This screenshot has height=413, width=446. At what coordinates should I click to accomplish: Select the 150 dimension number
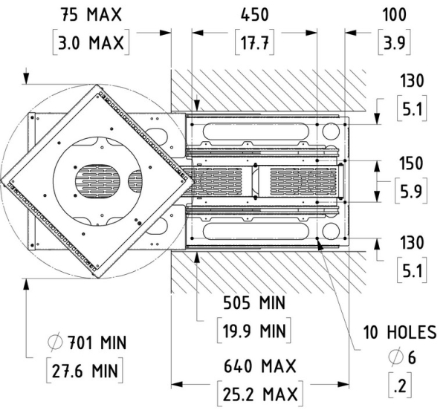coord(410,163)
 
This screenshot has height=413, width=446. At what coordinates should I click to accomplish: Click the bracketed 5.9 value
coord(410,190)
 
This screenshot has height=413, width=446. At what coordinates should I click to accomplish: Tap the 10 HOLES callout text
coord(399,330)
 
